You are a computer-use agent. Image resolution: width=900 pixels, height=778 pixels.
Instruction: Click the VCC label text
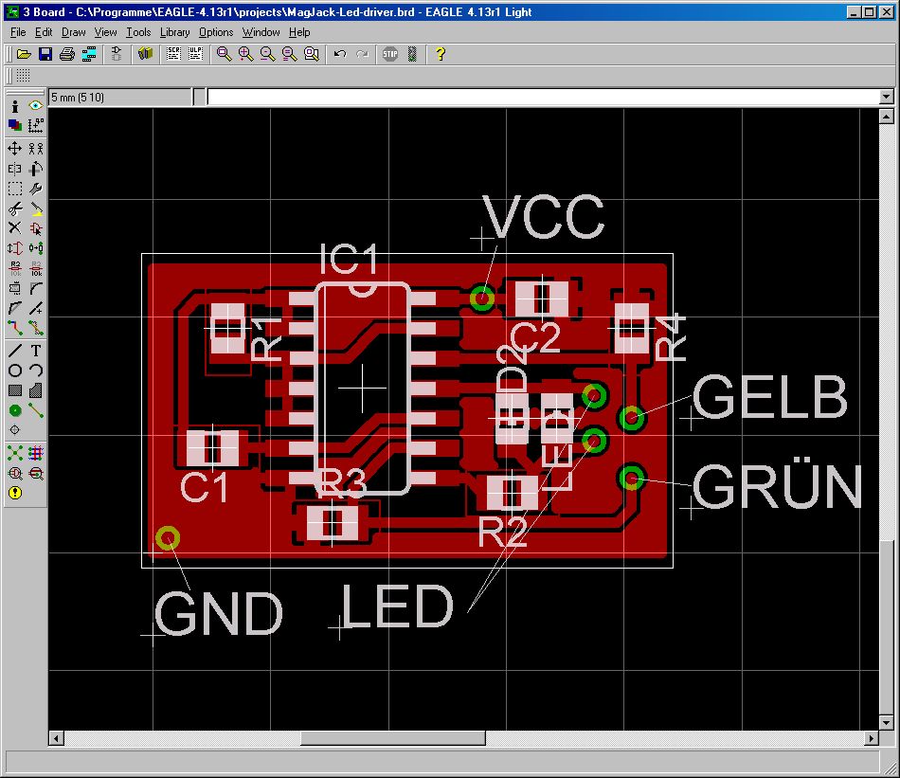click(x=543, y=218)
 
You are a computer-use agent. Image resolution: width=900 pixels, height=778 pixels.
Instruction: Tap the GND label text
click(x=219, y=614)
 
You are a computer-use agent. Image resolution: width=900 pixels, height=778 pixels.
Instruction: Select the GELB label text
click(x=769, y=397)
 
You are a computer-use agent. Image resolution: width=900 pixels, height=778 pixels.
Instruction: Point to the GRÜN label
click(x=777, y=487)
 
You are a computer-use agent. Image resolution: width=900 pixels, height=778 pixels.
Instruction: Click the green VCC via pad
click(x=482, y=299)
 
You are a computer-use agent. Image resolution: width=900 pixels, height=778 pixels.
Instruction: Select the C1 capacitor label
click(x=205, y=488)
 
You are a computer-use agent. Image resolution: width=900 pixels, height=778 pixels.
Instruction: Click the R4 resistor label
click(x=670, y=336)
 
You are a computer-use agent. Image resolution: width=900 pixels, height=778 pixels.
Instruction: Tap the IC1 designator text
click(x=349, y=260)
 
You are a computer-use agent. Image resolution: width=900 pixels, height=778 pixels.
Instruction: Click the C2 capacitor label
click(x=535, y=337)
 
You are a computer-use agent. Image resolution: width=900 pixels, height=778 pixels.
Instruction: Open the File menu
click(x=18, y=32)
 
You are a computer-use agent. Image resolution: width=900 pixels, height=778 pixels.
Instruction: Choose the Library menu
click(x=174, y=32)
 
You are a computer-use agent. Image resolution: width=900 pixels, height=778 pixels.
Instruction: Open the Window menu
click(x=261, y=32)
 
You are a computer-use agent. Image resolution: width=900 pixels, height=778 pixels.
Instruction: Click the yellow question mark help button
click(x=440, y=54)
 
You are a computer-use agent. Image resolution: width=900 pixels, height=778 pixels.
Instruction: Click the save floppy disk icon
click(x=45, y=54)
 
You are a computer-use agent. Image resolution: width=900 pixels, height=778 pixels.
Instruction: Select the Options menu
click(x=216, y=32)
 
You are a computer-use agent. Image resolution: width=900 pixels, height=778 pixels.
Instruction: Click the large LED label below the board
click(x=397, y=607)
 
